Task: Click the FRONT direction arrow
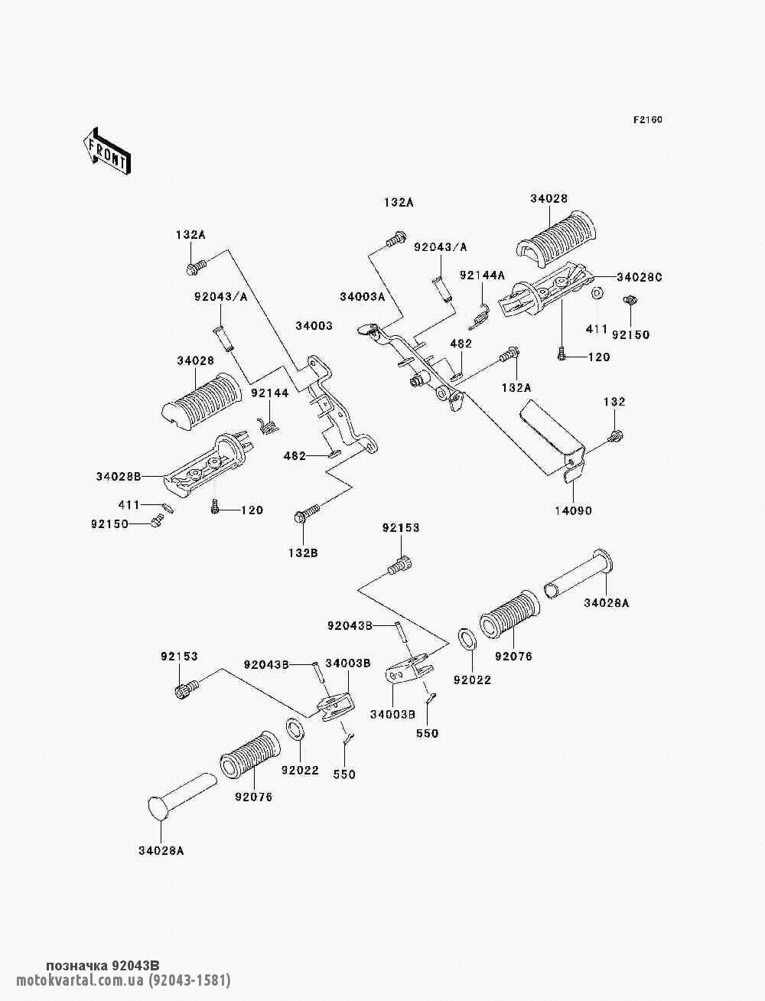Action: tap(106, 150)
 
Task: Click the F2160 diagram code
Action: tap(646, 120)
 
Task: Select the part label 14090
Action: tap(573, 510)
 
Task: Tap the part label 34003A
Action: tap(363, 295)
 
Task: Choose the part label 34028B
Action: tap(119, 476)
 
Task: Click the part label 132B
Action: tap(303, 552)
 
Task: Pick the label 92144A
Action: tap(482, 274)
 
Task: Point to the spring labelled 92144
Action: tap(268, 426)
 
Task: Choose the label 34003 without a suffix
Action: tap(314, 326)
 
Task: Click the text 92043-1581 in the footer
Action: tap(190, 980)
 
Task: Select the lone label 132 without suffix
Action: tap(614, 402)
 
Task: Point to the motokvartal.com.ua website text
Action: tap(73, 980)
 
